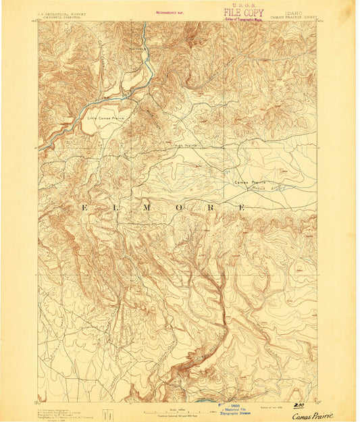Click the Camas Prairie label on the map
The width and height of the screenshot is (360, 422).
coord(250,182)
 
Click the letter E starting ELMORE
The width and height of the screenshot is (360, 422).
coord(84,207)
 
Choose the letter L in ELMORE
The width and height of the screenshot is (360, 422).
coord(115,207)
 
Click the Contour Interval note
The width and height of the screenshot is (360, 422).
coord(177,416)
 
